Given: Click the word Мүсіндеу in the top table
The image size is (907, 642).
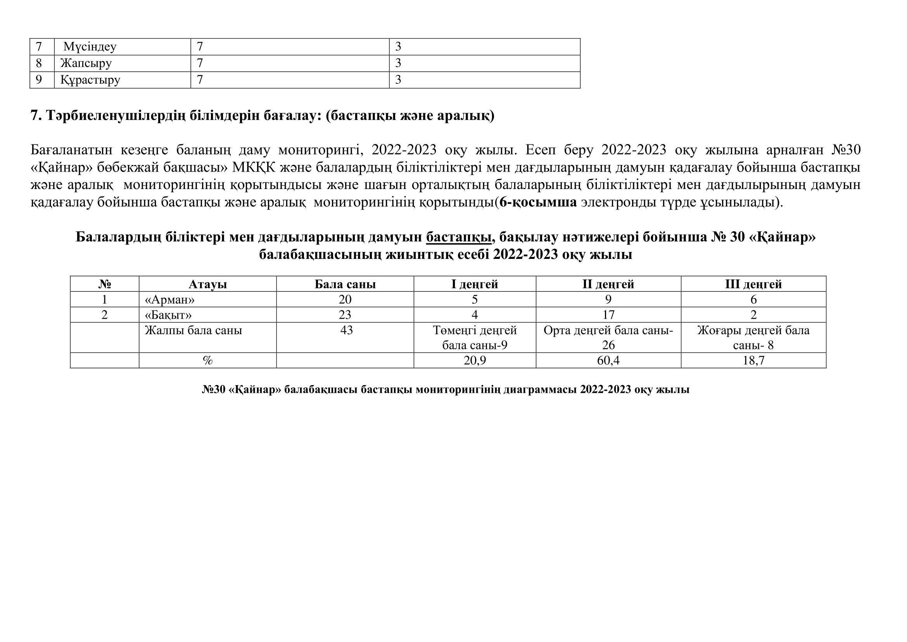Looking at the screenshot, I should tap(90, 47).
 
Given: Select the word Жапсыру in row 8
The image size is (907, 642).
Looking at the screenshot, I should tap(86, 63).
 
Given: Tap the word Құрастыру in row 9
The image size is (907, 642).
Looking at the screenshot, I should tap(90, 80).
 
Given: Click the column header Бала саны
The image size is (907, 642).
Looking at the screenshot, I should tap(345, 284).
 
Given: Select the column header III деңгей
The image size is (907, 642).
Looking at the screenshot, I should tap(753, 284).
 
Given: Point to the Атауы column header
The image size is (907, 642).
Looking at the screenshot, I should tap(207, 284).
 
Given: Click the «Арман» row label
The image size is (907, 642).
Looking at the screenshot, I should tap(170, 300).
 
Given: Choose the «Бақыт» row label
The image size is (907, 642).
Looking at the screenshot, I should tap(168, 315).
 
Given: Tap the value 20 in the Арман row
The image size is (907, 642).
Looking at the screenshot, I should tap(345, 300).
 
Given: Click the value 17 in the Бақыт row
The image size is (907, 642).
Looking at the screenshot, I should tap(608, 315).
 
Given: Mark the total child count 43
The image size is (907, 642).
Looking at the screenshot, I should tap(346, 330).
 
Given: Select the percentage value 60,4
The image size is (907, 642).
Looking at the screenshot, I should tap(608, 361).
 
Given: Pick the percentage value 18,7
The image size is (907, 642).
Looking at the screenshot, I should tap(753, 361).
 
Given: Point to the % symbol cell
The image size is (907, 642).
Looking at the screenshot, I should tap(207, 361).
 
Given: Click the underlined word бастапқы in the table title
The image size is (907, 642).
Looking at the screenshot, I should tap(459, 237).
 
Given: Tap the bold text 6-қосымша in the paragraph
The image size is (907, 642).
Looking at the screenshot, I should tap(538, 202).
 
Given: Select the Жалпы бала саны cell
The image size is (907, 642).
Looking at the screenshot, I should tap(193, 330).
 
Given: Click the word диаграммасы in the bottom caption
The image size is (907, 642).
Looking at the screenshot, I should tap(540, 390).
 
